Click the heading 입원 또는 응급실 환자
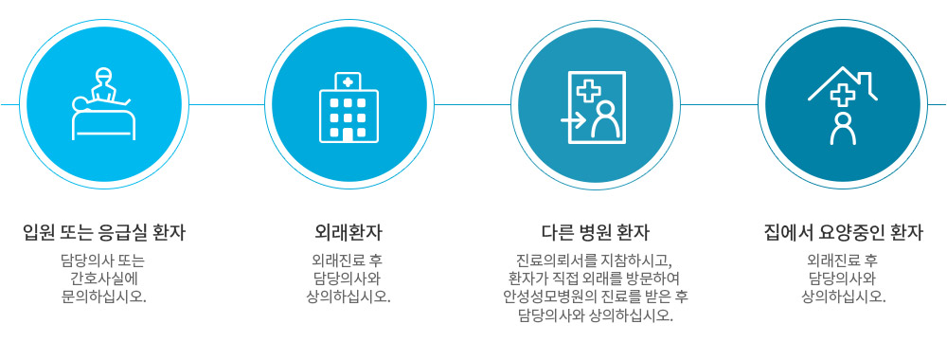pos(104,232)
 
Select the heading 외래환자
pos(348,232)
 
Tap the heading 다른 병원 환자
pos(595,232)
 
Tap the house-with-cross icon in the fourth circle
pos(842,104)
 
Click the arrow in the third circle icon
pos(572,120)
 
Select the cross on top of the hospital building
pos(348,81)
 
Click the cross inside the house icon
pos(841,93)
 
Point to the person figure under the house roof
pos(841,129)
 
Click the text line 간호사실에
pos(104,279)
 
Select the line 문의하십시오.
pos(104,296)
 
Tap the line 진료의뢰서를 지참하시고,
pos(595,261)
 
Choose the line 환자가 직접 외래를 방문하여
pos(595,279)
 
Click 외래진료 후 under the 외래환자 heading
pos(348,261)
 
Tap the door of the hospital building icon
pos(348,135)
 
